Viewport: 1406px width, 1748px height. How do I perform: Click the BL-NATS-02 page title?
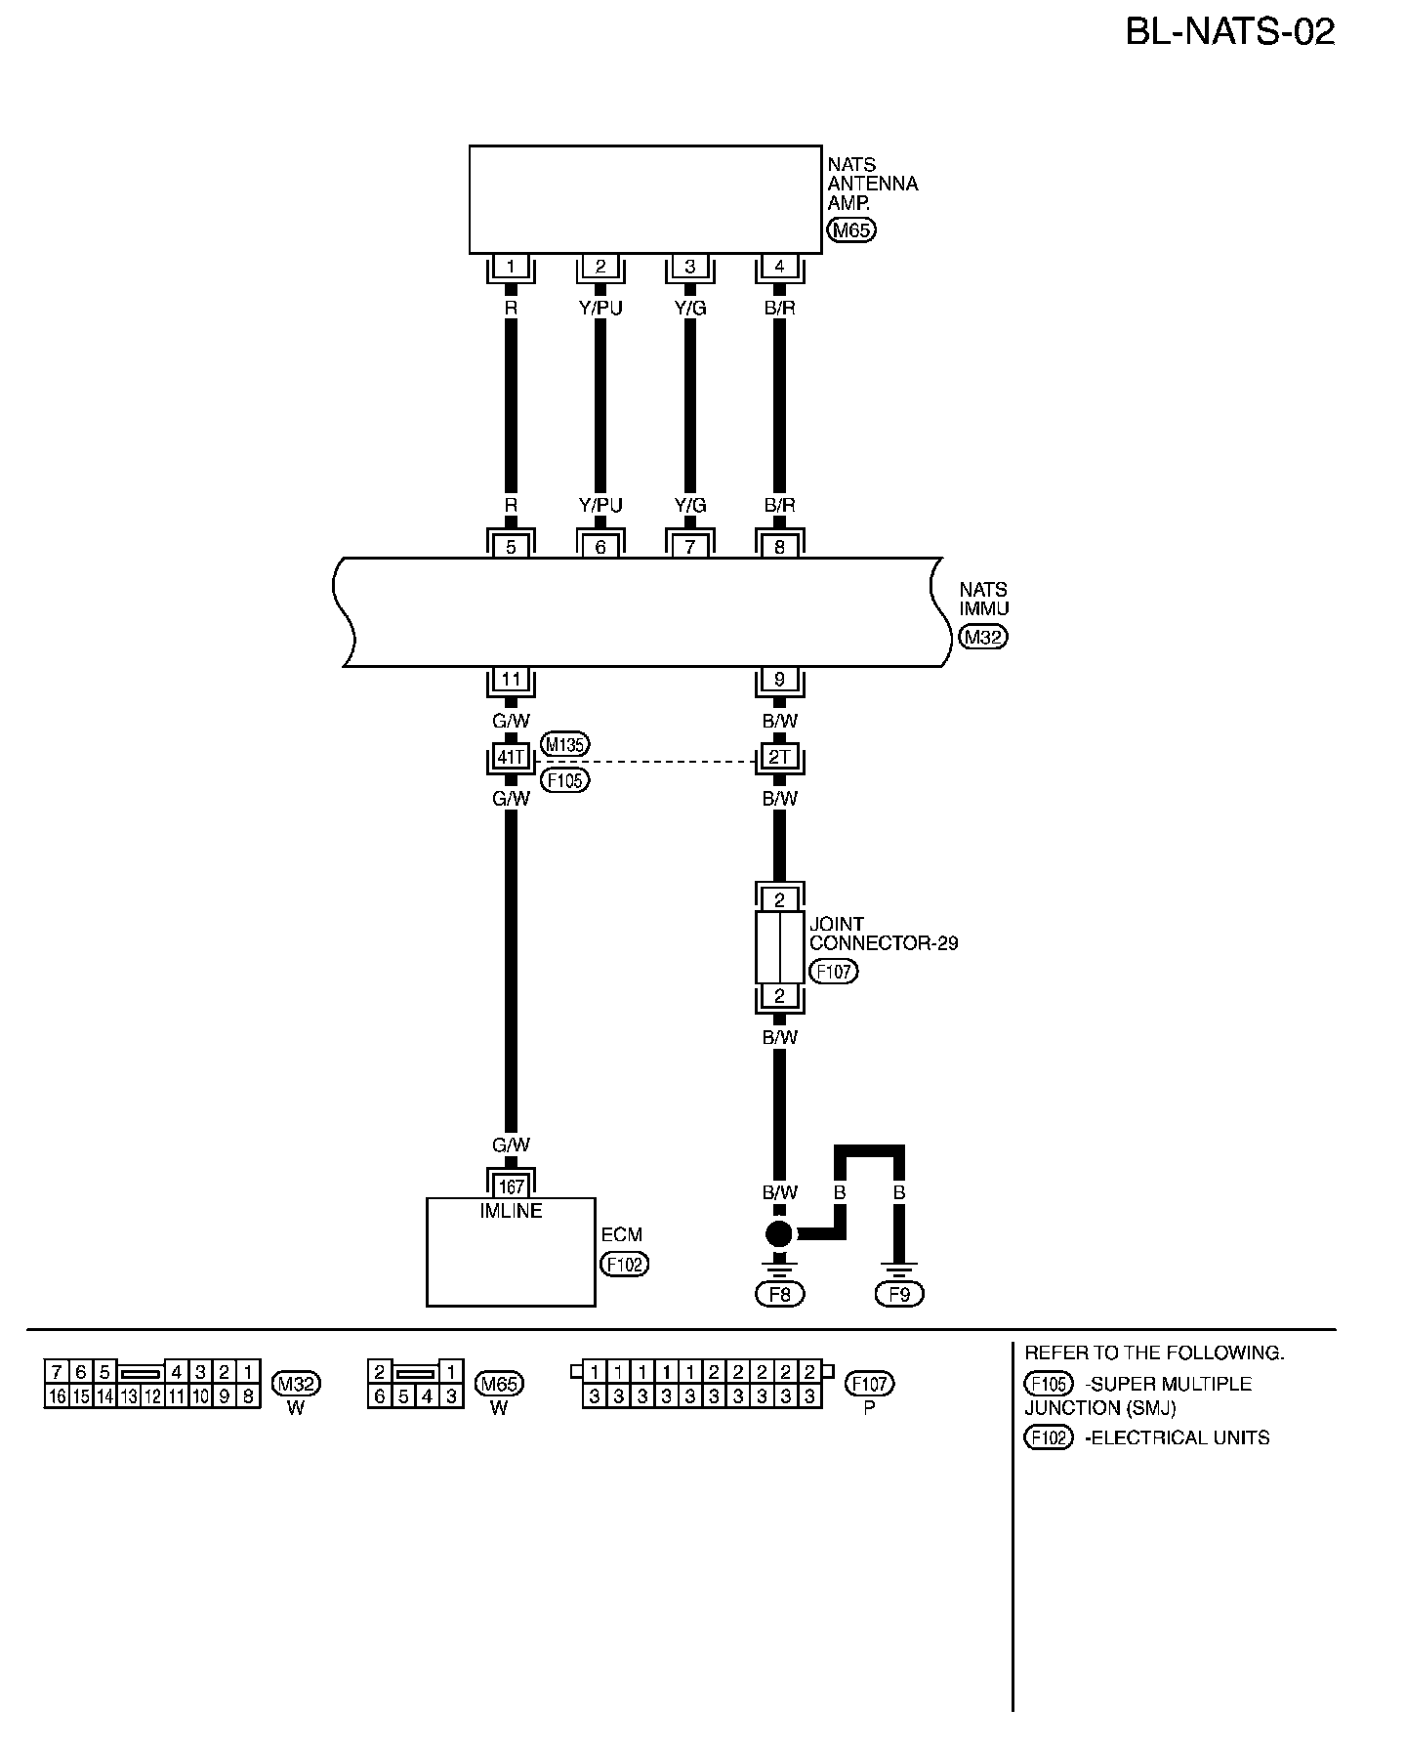(1229, 32)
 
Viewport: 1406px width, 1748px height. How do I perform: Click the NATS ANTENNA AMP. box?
(644, 199)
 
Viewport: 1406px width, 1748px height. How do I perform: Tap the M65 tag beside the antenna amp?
(851, 230)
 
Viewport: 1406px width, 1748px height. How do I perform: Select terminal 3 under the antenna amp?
(689, 267)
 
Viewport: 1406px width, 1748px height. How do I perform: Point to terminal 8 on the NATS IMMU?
(779, 547)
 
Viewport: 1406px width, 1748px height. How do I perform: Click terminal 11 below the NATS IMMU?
(511, 679)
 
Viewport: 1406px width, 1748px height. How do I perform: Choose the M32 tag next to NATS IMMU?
(983, 638)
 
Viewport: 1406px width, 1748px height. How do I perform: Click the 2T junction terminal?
(779, 757)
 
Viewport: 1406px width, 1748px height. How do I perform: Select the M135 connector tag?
(564, 745)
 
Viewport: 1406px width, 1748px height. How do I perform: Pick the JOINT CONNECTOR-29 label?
(883, 934)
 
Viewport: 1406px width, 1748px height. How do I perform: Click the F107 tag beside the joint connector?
(833, 972)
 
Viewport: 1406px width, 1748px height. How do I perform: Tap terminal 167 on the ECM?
(511, 1187)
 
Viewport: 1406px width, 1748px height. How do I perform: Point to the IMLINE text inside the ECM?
(511, 1211)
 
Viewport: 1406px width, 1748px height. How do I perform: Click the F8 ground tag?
(779, 1294)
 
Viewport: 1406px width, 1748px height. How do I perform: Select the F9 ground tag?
(899, 1294)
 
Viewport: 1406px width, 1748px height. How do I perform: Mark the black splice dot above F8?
(779, 1233)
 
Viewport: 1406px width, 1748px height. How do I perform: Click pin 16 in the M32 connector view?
(57, 1397)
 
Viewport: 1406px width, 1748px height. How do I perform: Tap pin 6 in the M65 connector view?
(380, 1397)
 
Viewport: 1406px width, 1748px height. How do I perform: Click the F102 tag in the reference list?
(1049, 1437)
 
